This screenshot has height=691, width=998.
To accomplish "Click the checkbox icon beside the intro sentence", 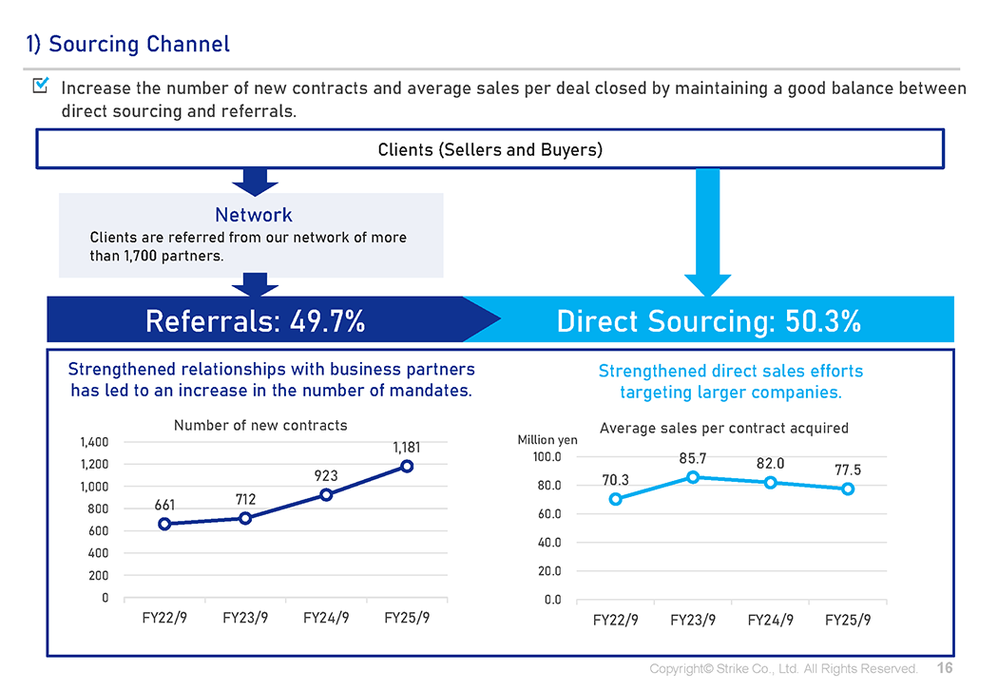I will click(41, 86).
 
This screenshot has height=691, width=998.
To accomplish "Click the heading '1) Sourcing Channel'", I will click(127, 44).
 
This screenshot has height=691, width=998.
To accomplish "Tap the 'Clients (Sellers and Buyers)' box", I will click(489, 149).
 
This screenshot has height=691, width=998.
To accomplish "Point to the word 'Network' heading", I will click(254, 215).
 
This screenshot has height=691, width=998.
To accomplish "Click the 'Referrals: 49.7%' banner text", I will click(255, 321).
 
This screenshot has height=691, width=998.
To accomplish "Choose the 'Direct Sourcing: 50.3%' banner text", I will click(708, 321).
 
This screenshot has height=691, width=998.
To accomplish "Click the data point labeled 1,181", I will click(407, 466).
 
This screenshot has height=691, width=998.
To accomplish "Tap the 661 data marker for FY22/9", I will click(164, 524).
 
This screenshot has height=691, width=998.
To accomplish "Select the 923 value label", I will click(326, 475).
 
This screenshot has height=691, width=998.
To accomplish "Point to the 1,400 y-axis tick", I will click(93, 442).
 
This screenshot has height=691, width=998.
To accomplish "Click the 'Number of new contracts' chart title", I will click(260, 425).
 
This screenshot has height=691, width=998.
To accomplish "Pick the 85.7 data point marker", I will click(693, 477).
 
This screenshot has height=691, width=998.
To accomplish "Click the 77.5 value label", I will click(848, 470).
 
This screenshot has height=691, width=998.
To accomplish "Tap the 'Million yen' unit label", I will click(547, 440).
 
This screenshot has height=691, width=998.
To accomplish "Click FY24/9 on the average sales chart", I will click(770, 620).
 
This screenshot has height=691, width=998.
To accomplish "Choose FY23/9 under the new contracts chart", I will click(245, 617).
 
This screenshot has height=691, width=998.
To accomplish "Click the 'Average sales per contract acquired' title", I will click(723, 429).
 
